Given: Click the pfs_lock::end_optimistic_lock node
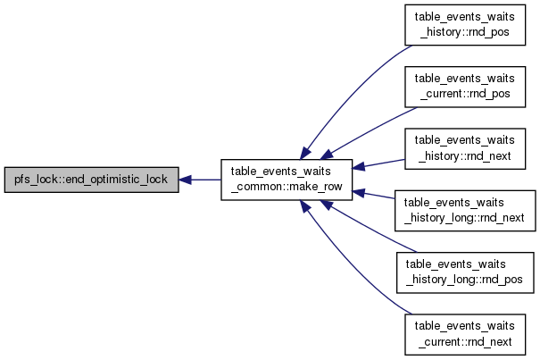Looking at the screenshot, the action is click(x=92, y=180).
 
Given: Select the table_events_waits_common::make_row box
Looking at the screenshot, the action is click(x=287, y=180).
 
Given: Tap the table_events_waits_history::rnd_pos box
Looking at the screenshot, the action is click(x=465, y=25).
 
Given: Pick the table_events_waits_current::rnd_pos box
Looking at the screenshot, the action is click(x=465, y=87).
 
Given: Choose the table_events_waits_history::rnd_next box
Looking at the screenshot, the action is click(x=465, y=148).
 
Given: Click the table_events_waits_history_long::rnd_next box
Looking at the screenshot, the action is click(x=465, y=211).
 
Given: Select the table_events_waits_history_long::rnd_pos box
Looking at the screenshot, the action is click(x=465, y=272).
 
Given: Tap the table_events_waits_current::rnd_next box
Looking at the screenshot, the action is click(x=465, y=334).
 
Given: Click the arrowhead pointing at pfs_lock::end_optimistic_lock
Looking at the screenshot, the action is click(x=186, y=180).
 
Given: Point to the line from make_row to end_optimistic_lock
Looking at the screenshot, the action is click(x=200, y=180).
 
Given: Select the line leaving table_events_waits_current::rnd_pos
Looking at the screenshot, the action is click(x=369, y=131).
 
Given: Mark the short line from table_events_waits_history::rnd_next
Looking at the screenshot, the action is click(x=378, y=163).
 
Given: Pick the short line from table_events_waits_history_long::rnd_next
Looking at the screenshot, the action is click(x=374, y=195).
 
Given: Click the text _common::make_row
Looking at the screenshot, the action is click(x=287, y=187).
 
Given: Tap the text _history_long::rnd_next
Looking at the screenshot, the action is click(x=465, y=218).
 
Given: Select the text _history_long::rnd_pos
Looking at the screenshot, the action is click(x=465, y=280).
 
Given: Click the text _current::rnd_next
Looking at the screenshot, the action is click(x=465, y=341).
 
